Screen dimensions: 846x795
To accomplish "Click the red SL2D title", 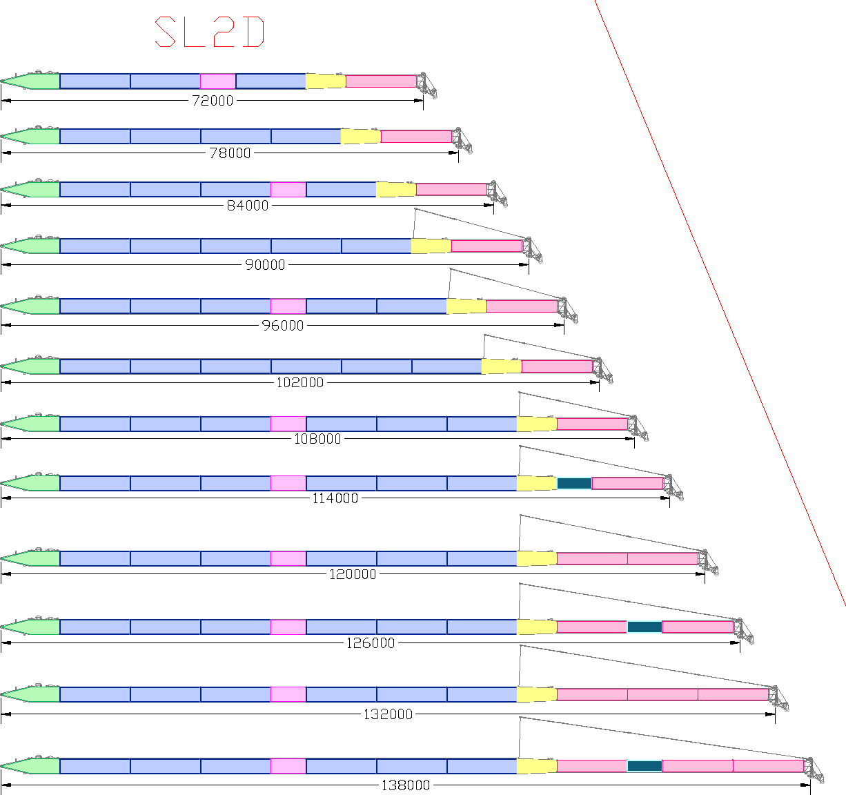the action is coord(210,32).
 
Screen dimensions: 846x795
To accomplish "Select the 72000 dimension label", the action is coord(213,101).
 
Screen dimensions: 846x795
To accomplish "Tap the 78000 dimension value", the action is coord(230,153).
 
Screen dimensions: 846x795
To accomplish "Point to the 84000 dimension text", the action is coord(248,206).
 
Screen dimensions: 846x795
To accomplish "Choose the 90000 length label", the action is coord(265,264).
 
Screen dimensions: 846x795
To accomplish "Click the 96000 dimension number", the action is coord(282,326).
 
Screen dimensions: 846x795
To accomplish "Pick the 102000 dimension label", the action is coord(300,382).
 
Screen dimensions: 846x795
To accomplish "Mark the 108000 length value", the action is coord(318,439).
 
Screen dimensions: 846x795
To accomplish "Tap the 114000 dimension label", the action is coord(335,498).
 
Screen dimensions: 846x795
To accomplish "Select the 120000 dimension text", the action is coord(353,574).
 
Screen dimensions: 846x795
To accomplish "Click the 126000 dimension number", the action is coord(371,643).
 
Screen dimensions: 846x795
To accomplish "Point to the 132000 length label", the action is coord(388,714).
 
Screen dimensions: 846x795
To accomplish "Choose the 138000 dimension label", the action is coord(406,785).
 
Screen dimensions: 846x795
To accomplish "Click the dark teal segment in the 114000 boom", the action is coord(574,483).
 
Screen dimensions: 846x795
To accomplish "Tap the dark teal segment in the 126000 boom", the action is coord(645,627).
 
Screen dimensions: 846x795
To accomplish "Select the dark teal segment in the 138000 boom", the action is coord(645,766).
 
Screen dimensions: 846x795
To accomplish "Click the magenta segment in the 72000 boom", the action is coord(217,81).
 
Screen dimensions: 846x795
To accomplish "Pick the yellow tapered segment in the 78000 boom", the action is coord(360,137).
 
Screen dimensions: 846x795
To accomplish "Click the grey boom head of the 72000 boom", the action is coord(426,85).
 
